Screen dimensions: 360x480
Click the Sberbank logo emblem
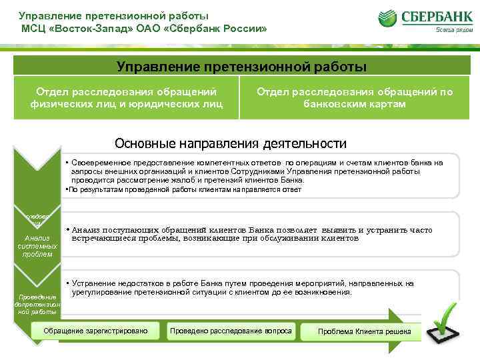(389, 18)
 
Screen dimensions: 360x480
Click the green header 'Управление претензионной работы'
(241, 66)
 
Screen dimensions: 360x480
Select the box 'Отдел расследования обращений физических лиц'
(126, 97)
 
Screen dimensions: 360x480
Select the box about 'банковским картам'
(355, 97)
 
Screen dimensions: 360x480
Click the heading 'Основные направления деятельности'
(231, 143)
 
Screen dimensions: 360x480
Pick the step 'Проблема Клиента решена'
(365, 332)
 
